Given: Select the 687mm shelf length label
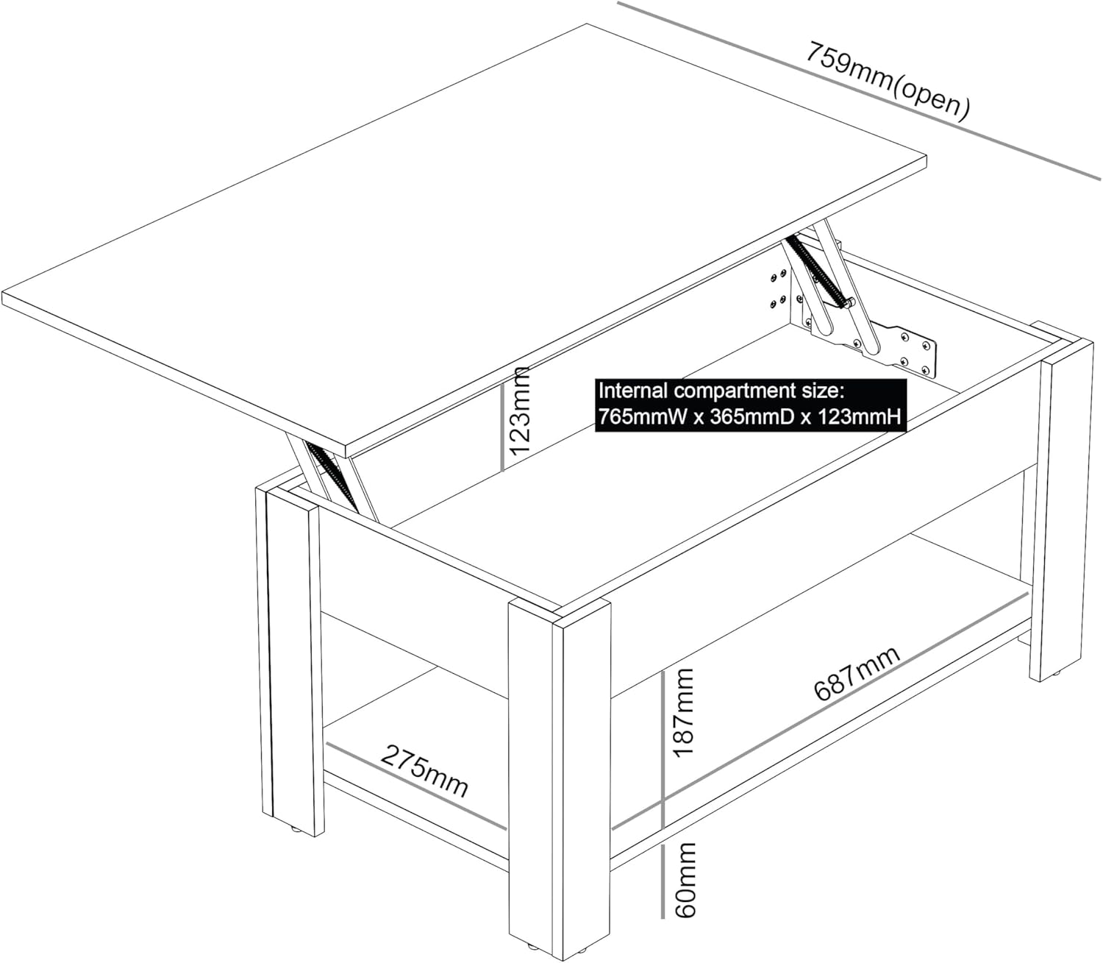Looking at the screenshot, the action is [857, 675].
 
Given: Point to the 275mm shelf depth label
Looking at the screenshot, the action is [424, 770].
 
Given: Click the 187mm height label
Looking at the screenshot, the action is [683, 712].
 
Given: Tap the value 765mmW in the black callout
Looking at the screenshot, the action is [640, 416].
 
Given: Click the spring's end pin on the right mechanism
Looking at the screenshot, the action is [850, 300].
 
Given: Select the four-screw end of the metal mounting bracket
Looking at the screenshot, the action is [916, 352].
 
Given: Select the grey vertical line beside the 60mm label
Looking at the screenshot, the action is [663, 881].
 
